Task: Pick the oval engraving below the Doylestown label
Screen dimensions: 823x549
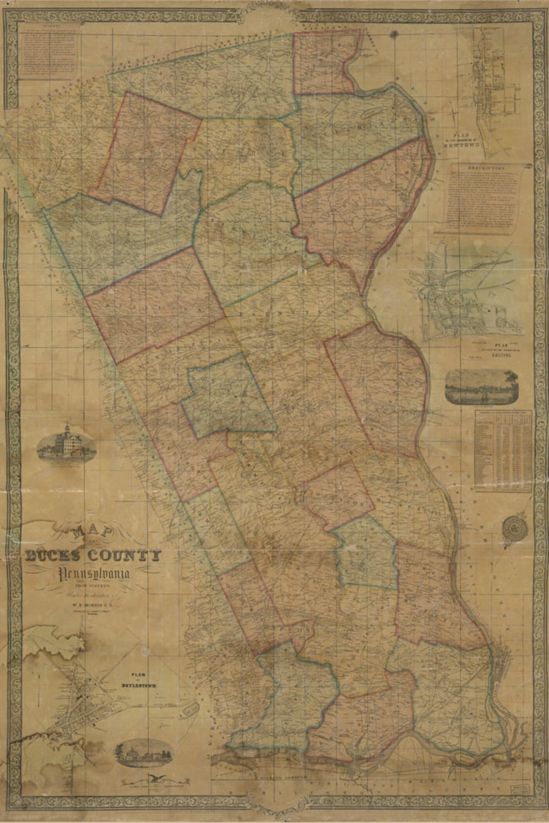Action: click(144, 752)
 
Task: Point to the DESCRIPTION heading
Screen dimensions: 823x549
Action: click(483, 167)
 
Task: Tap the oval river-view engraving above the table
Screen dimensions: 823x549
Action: click(481, 386)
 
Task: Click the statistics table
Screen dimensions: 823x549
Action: click(503, 450)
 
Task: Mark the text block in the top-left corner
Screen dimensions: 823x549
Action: click(48, 52)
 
